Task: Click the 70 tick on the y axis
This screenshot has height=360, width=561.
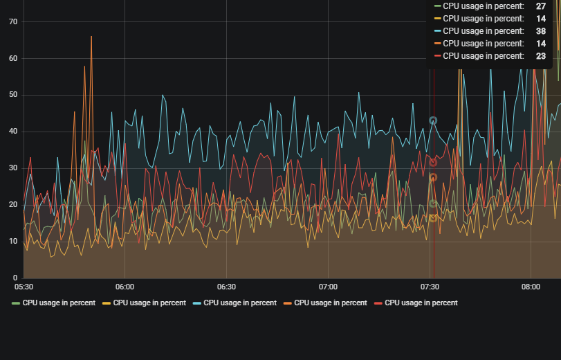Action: pos(13,21)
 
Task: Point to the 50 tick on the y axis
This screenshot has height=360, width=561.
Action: pos(13,95)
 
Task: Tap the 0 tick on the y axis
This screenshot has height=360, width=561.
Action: pos(15,278)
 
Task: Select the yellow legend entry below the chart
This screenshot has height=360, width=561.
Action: pos(145,303)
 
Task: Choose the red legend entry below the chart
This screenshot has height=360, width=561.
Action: pos(416,303)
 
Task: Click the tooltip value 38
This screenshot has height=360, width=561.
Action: pos(541,31)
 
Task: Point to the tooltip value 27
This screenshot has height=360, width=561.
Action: pos(541,6)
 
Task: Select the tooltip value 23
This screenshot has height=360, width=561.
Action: pos(541,56)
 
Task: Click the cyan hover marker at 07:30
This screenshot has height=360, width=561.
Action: pos(433,120)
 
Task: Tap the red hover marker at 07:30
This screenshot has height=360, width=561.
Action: pos(433,162)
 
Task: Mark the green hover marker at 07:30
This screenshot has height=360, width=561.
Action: pos(433,204)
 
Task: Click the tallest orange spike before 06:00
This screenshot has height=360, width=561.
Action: pos(91,37)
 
